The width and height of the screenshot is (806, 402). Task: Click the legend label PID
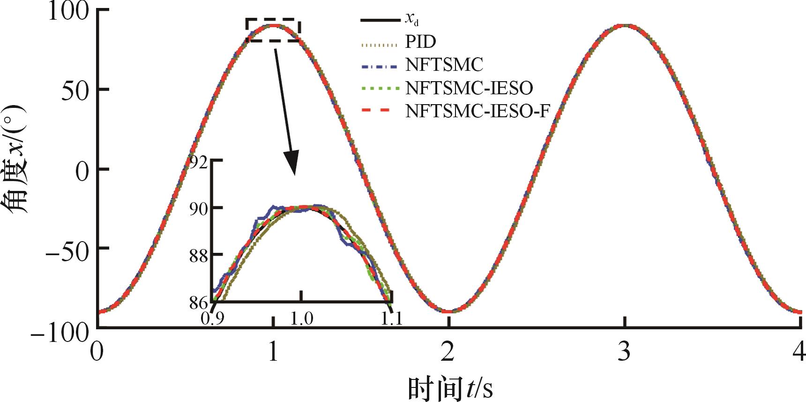[x=420, y=42]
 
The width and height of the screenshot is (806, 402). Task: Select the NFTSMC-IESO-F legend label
[x=477, y=111]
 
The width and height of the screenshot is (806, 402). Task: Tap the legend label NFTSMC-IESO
[x=469, y=88]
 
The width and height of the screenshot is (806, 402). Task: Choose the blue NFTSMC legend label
[x=444, y=65]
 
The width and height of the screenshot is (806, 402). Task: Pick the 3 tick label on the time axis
[x=624, y=352]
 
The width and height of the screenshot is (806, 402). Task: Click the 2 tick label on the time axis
[x=448, y=352]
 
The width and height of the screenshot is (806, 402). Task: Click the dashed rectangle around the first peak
[x=273, y=20]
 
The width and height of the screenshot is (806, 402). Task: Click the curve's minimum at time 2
[x=449, y=311]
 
